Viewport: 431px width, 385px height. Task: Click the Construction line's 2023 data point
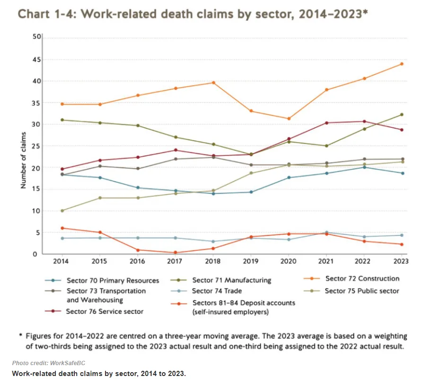[402, 64]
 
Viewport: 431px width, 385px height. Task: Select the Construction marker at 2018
[213, 82]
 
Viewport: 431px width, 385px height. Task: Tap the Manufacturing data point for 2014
[62, 120]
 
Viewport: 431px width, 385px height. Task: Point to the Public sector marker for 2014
[62, 211]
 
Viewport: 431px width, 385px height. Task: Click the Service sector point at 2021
[326, 123]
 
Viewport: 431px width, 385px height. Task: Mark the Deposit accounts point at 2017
[176, 252]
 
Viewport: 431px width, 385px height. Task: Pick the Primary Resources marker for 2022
[364, 167]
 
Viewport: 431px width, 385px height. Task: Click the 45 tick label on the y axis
[35, 60]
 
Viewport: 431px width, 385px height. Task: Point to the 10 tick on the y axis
[35, 211]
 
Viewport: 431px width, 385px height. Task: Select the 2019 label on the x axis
[251, 261]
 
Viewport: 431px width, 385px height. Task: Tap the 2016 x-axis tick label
[138, 261]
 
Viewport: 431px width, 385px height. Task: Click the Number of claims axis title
[22, 146]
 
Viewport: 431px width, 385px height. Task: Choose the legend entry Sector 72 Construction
[362, 278]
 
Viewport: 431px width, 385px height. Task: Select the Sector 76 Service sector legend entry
[105, 311]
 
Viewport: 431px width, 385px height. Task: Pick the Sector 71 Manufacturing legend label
[231, 280]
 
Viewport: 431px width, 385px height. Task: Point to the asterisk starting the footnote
[21, 335]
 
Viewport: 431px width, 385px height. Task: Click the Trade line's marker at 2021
[326, 233]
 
